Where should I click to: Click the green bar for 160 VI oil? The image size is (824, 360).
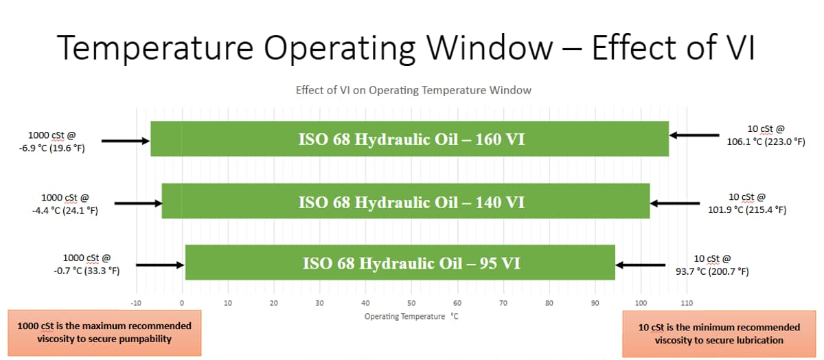[410, 139]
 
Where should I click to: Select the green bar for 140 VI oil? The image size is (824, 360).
[406, 201]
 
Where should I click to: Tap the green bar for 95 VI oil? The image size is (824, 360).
[400, 262]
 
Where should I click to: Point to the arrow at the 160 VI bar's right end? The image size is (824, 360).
[694, 135]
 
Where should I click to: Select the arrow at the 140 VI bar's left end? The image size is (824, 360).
[138, 203]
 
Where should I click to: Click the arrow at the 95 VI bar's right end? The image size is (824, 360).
[640, 265]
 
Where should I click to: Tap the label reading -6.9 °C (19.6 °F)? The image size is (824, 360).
[52, 148]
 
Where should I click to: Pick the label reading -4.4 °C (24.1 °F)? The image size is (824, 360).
[65, 210]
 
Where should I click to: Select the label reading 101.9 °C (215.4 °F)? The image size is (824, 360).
[747, 210]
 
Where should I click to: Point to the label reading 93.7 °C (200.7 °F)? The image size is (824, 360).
[712, 271]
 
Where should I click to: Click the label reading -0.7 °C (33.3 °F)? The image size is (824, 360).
[87, 271]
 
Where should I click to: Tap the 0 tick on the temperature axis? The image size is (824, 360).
[182, 302]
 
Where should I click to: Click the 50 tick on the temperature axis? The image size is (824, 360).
[411, 302]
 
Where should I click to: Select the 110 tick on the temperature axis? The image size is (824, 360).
[687, 302]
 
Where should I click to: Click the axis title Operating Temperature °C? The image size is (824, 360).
[411, 316]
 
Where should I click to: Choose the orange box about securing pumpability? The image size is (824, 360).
[104, 333]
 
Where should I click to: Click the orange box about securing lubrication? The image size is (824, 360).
[719, 333]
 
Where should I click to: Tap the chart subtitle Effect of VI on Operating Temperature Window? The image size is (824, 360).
[413, 90]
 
